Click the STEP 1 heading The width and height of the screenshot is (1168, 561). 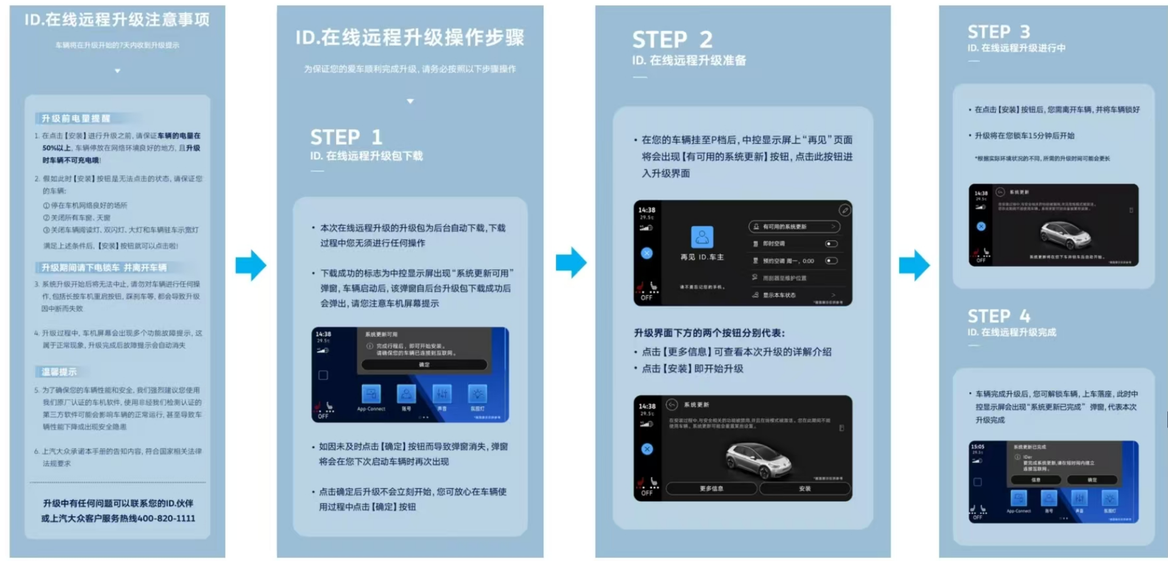346,137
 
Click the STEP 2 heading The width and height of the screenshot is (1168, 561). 673,40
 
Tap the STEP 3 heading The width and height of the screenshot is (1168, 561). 998,32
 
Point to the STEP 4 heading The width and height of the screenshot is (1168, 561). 998,316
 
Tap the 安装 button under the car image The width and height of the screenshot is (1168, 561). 804,489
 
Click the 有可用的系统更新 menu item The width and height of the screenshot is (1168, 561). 793,226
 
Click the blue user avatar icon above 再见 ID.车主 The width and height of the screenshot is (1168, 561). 702,237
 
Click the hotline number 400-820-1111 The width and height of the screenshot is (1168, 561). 166,518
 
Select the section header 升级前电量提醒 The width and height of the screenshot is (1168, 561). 76,119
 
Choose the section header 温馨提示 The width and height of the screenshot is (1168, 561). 59,372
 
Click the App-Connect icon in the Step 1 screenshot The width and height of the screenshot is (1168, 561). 371,394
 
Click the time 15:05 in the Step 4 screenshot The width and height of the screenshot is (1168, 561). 977,446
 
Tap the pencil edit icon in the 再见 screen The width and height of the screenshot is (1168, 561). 844,210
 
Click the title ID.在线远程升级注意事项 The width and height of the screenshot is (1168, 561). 117,20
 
